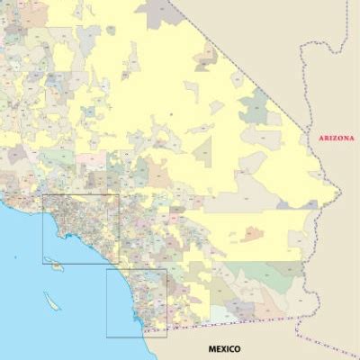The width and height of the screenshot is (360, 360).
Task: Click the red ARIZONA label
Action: pos(332,138)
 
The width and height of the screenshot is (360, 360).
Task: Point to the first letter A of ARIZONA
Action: pos(311,138)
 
